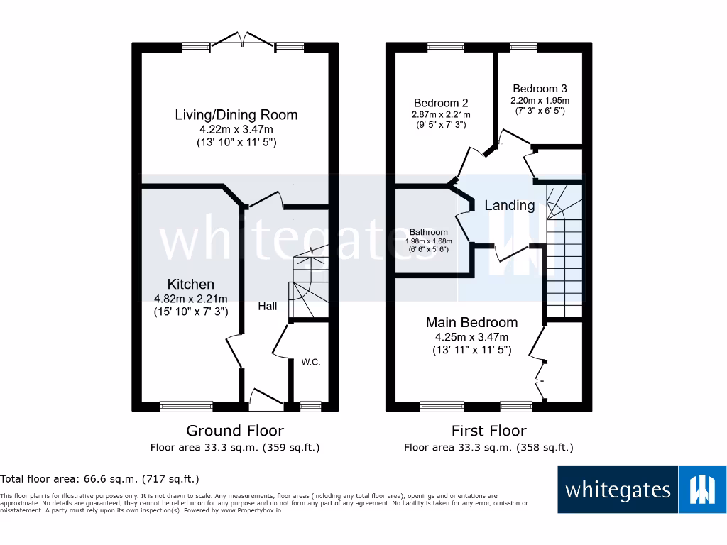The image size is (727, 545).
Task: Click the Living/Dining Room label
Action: [x=236, y=115]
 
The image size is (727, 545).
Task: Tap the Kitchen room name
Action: [x=190, y=284]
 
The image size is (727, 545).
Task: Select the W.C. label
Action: [x=311, y=363]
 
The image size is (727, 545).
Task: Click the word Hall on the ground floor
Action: [x=268, y=307]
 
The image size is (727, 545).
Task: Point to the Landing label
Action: [x=509, y=206]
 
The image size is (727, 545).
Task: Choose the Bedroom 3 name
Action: [x=540, y=89]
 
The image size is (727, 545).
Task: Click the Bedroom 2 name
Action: [x=441, y=103]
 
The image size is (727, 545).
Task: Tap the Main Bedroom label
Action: [x=471, y=322]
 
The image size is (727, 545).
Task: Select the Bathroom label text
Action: [x=429, y=232]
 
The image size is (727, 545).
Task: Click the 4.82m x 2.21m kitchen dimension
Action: [x=190, y=299]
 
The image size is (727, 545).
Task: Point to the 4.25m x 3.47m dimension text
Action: [x=471, y=337]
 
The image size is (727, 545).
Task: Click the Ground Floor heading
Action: [x=235, y=431]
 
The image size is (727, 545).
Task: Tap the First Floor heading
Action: [x=489, y=431]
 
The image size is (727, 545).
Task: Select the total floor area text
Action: [x=100, y=479]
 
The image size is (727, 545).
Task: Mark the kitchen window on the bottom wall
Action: [x=186, y=407]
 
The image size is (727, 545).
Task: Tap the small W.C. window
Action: [x=310, y=407]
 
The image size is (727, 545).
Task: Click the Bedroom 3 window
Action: [x=523, y=48]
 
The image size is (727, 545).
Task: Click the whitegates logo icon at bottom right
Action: [x=703, y=490]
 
